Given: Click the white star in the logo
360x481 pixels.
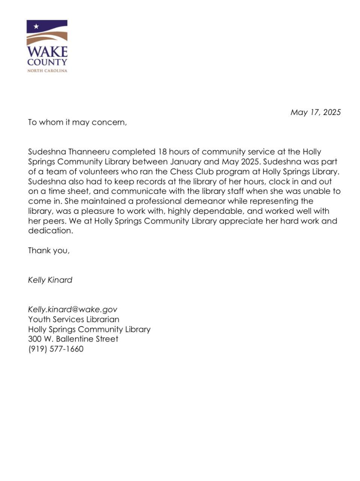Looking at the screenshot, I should point(36,27).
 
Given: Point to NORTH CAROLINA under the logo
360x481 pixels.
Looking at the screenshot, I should point(47,71).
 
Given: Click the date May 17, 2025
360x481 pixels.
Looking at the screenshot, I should point(315,112).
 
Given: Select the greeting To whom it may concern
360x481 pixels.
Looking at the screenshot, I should point(77,123).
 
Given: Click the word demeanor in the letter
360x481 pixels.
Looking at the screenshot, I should point(206,201).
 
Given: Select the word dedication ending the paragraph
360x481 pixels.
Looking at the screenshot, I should point(50,231).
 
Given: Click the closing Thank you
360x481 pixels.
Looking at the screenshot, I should point(49,251).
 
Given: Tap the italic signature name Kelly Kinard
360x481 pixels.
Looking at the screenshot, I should point(50,280).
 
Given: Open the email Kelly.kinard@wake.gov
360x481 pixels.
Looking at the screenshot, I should point(72,309).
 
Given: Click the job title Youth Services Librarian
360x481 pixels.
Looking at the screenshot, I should point(74,319).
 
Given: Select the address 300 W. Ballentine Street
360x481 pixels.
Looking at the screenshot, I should point(73,339).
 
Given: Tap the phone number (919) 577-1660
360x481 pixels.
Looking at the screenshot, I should point(56,349).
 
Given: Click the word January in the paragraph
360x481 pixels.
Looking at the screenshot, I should point(186,162).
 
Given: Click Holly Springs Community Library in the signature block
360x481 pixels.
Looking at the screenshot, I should point(89,329).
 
